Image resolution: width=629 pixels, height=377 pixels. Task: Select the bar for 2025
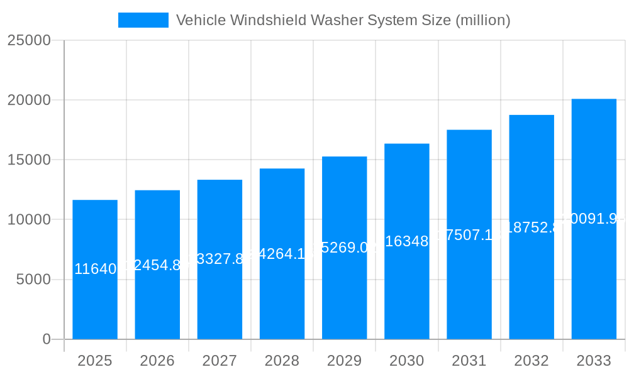click(95, 302)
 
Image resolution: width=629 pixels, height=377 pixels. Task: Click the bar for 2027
click(220, 295)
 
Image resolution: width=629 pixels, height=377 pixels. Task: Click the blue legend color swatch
click(143, 20)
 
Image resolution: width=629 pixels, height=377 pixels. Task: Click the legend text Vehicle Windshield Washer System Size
click(343, 20)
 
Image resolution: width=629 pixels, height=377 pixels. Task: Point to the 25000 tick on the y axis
click(29, 40)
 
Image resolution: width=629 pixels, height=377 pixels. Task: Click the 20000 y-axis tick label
click(29, 100)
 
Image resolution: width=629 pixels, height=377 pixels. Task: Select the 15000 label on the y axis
click(29, 160)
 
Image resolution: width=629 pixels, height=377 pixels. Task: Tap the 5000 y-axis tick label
click(33, 280)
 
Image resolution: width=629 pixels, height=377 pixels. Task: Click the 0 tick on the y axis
click(47, 339)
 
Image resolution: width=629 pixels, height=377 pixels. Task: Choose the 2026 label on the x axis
click(157, 361)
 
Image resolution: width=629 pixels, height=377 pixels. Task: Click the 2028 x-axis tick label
click(282, 361)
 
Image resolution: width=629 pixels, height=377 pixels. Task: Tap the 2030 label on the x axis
click(407, 361)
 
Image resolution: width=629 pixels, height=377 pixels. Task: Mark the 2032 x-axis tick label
click(532, 361)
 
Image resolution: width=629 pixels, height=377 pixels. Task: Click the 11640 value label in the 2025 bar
click(95, 270)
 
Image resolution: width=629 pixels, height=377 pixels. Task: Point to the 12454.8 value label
click(157, 265)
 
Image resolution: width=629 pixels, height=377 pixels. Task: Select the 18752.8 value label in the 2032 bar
click(532, 227)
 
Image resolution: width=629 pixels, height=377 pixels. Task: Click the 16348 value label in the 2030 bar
click(407, 242)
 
